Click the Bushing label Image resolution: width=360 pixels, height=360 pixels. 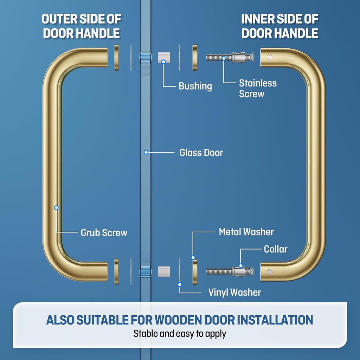195,86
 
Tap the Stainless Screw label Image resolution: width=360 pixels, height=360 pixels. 257,89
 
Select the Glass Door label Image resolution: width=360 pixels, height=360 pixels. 201,153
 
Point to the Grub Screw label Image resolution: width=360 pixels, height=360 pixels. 104,233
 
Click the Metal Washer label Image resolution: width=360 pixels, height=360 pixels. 246,232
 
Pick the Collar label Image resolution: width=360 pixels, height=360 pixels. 276,249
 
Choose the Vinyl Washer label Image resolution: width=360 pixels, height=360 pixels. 234,292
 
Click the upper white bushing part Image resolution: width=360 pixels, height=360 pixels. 163,57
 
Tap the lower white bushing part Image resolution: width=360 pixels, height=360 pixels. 163,271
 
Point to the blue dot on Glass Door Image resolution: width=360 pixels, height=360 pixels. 146,152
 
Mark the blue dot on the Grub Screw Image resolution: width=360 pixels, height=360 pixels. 56,208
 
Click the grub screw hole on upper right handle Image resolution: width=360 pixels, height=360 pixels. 270,57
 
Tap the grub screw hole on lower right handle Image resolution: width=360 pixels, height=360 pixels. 270,272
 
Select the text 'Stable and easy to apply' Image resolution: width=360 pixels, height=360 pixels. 180,334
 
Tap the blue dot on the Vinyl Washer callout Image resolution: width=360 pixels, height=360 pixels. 180,284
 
